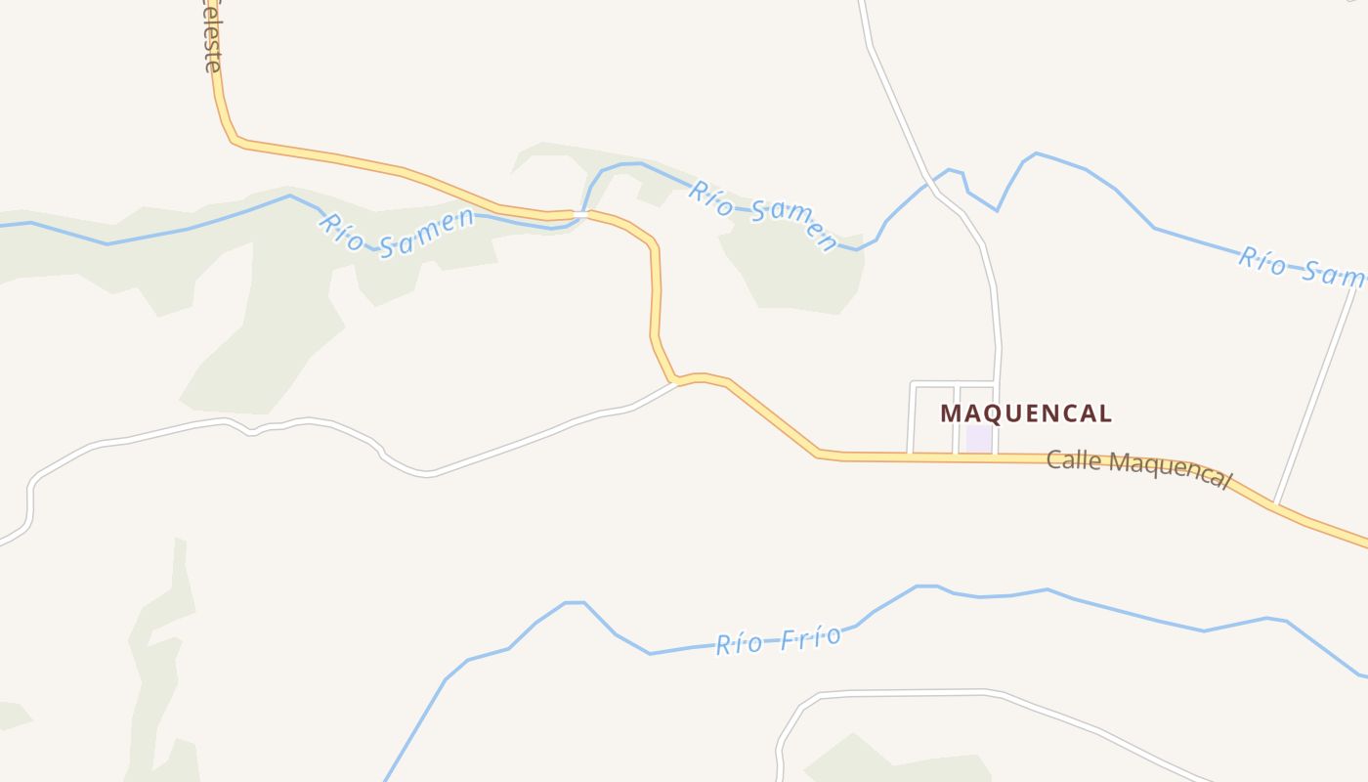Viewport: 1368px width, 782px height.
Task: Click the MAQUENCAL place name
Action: pos(1026,413)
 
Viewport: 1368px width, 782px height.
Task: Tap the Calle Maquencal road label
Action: pos(1138,468)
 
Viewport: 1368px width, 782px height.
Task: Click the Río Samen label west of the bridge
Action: pos(396,234)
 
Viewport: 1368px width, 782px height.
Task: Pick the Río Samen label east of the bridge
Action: pos(763,214)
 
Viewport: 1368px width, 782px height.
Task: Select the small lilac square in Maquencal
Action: pos(978,438)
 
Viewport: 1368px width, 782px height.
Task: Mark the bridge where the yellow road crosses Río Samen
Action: pos(582,212)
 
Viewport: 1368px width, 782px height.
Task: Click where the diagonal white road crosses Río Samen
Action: pos(1356,287)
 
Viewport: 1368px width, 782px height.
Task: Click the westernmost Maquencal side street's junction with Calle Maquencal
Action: pos(910,455)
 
